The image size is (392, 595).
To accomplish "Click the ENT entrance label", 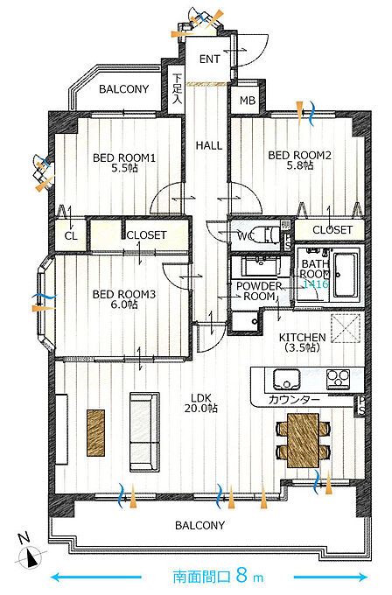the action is pyautogui.click(x=209, y=59).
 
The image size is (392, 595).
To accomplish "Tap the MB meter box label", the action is pyautogui.click(x=248, y=101).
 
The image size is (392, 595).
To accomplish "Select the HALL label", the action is pyautogui.click(x=209, y=145).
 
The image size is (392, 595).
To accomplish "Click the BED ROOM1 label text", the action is pyautogui.click(x=124, y=157).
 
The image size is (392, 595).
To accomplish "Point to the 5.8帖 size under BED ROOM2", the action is pyautogui.click(x=300, y=165).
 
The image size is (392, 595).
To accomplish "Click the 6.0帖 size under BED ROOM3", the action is pyautogui.click(x=124, y=304).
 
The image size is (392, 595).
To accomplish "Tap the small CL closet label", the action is pyautogui.click(x=71, y=236).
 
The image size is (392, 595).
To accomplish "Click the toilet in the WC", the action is pyautogui.click(x=269, y=234).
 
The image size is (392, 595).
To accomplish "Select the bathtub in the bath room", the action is pyautogui.click(x=345, y=275).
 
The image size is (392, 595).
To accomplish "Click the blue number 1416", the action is pyautogui.click(x=315, y=283).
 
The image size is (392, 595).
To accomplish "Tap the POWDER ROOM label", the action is pyautogui.click(x=259, y=291).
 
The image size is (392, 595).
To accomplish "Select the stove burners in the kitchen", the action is pyautogui.click(x=338, y=378).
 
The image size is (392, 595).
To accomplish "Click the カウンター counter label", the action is pyautogui.click(x=294, y=399).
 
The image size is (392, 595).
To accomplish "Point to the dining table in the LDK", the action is pyautogui.click(x=303, y=440).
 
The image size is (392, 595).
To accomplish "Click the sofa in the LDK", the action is pyautogui.click(x=144, y=432).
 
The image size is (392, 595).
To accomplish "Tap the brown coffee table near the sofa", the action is pyautogui.click(x=95, y=432).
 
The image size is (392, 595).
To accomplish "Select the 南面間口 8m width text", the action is pyautogui.click(x=218, y=577).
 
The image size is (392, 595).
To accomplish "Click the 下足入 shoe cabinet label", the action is pyautogui.click(x=177, y=88).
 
